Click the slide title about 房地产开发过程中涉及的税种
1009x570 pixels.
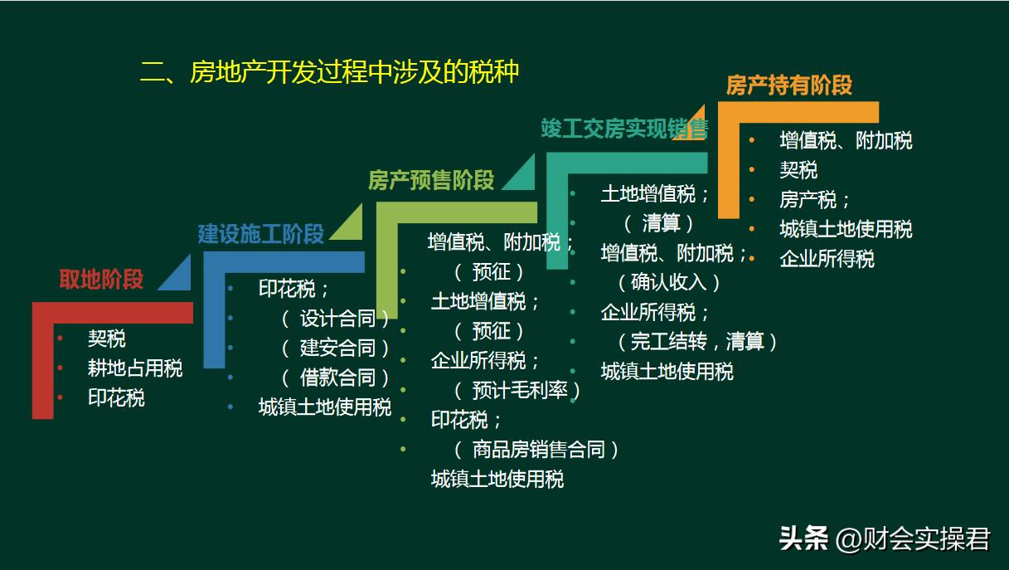click(329, 72)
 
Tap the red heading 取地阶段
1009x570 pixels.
click(101, 280)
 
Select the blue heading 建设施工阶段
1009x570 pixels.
click(260, 234)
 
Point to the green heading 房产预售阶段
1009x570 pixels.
click(430, 180)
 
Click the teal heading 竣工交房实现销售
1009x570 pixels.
click(624, 129)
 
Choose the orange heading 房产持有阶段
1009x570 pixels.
click(788, 85)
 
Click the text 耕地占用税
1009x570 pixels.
click(135, 368)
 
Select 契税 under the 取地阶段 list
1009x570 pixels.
click(107, 339)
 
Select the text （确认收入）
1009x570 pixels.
click(668, 282)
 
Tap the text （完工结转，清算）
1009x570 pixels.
click(696, 341)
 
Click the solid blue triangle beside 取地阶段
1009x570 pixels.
click(177, 275)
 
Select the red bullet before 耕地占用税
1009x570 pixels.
click(61, 368)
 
